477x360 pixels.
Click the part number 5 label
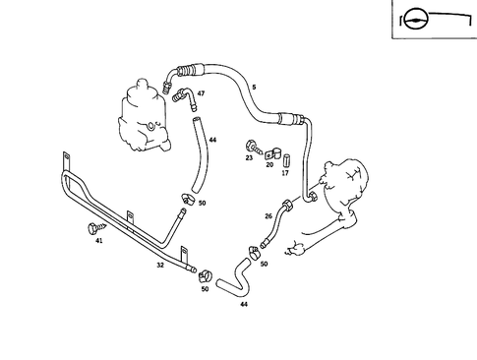click(253, 89)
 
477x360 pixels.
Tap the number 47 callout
click(201, 93)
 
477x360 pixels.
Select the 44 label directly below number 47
click(212, 141)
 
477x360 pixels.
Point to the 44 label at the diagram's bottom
click(244, 304)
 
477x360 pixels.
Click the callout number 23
click(249, 157)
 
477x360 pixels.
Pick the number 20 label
click(269, 165)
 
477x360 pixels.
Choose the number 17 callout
click(285, 173)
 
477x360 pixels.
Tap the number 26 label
click(268, 216)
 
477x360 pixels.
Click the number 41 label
click(98, 240)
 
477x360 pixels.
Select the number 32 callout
click(160, 266)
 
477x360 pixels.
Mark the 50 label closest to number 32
click(205, 289)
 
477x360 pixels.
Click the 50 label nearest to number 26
click(264, 264)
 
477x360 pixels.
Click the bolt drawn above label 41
click(94, 228)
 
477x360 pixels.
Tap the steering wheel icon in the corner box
click(414, 17)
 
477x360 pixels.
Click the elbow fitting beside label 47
click(179, 94)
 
